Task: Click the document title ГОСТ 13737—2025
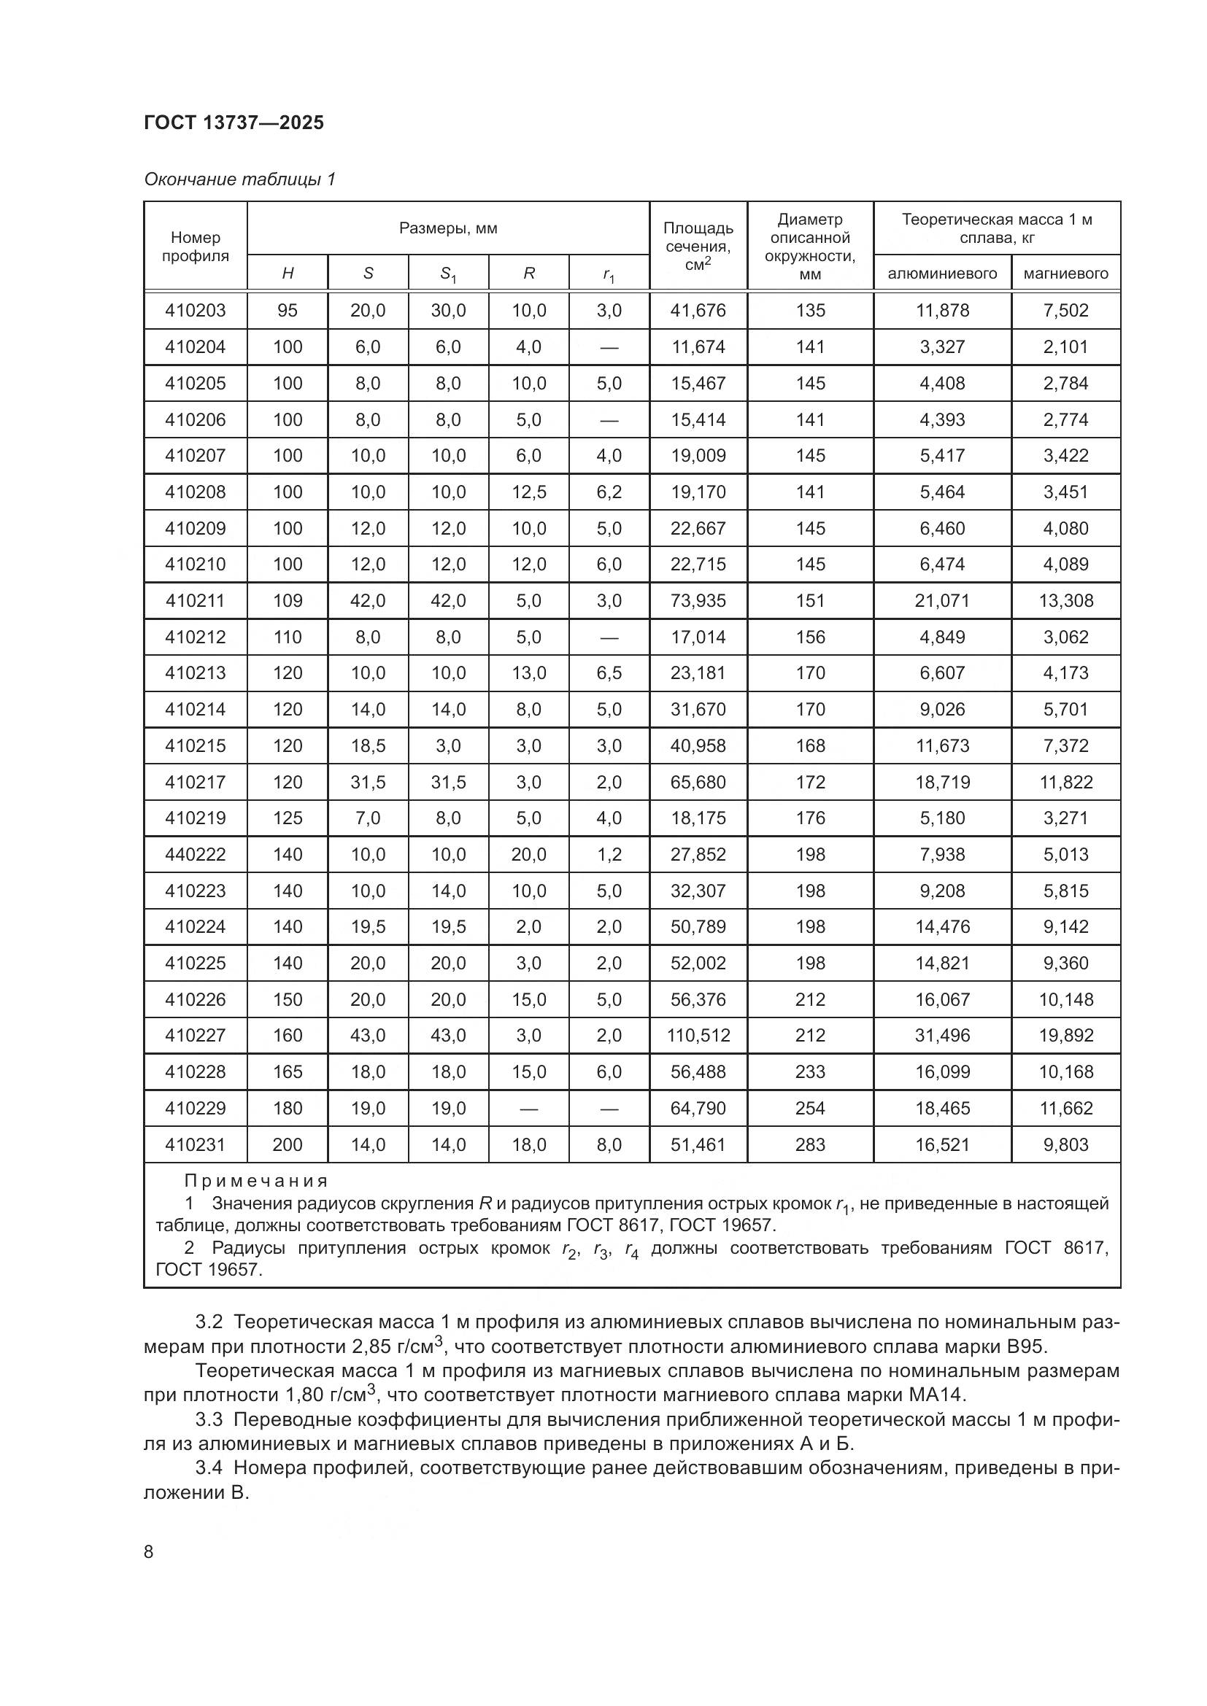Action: point(234,123)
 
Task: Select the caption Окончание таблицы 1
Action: point(239,179)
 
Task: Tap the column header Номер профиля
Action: point(196,247)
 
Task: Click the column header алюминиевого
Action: point(941,274)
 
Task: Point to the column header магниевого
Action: point(1065,274)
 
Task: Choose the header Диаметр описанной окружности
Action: point(809,247)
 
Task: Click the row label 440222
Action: point(196,855)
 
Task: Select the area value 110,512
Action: point(698,1035)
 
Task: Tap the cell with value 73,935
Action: point(698,600)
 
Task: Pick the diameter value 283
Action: point(809,1144)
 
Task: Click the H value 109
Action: point(288,600)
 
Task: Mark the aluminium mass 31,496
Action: point(941,1035)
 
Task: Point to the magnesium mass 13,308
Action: point(1065,600)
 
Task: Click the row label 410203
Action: point(196,311)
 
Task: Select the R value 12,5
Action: point(528,492)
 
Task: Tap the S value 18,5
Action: point(368,745)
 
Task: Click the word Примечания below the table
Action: point(255,1181)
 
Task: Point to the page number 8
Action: point(149,1551)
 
